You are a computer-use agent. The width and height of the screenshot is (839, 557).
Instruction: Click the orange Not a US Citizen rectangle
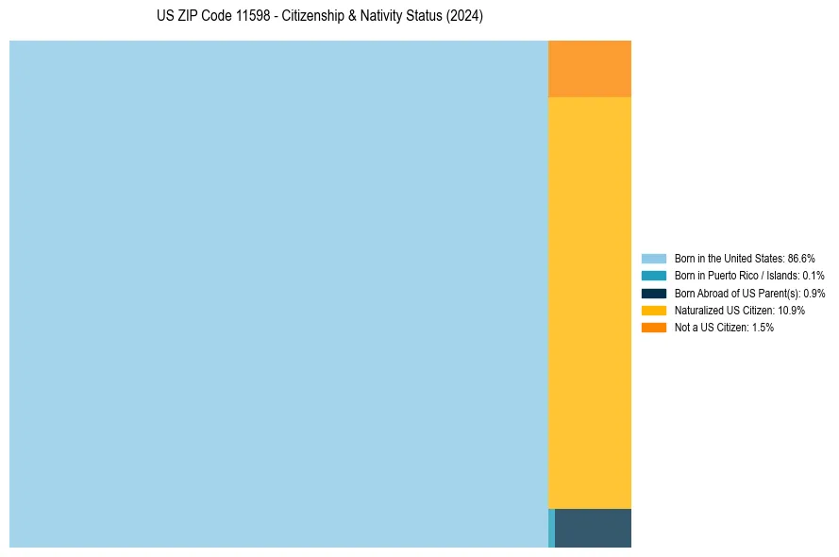[x=589, y=69]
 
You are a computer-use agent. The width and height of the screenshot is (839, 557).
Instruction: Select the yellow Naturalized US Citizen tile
[x=589, y=302]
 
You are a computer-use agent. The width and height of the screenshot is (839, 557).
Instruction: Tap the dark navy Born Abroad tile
[x=593, y=528]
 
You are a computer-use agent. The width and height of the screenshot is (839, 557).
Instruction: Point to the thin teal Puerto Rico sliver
[x=551, y=528]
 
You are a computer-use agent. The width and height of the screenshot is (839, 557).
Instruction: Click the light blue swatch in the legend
[x=653, y=258]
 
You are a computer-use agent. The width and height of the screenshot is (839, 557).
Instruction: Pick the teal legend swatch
[x=653, y=276]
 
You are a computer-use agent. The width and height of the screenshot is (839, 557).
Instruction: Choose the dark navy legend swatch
[x=653, y=293]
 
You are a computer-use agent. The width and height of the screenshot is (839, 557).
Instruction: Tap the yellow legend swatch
[x=653, y=310]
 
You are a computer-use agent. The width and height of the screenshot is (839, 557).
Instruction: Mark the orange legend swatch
[x=653, y=328]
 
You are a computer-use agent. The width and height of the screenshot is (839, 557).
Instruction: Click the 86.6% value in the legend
[x=800, y=258]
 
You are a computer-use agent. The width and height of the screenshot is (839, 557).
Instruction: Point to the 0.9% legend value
[x=812, y=293]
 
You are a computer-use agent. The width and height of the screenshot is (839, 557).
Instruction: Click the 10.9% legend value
[x=791, y=310]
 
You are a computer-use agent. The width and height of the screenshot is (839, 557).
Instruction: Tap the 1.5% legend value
[x=763, y=328]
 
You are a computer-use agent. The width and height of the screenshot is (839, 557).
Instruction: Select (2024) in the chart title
[x=465, y=17]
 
